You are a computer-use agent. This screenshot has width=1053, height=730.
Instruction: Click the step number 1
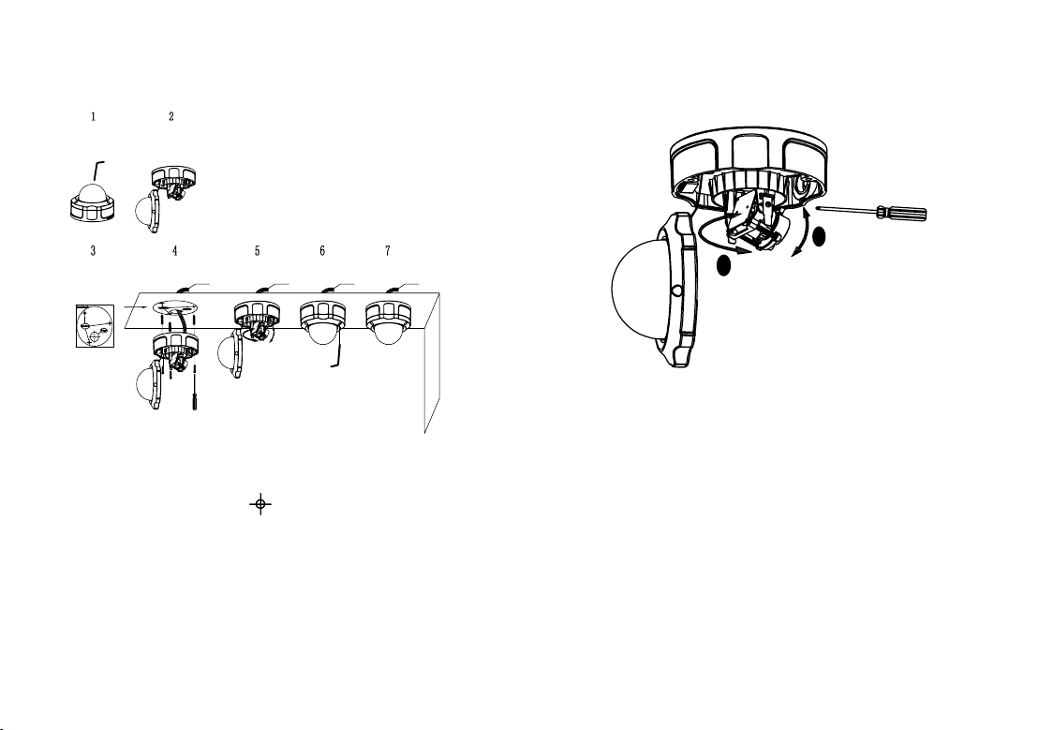coord(94,117)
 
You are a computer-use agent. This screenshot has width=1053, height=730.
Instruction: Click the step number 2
coord(171,117)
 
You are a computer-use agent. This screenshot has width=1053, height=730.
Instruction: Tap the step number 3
coord(93,251)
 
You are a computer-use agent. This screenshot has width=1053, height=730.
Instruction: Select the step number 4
coord(174,251)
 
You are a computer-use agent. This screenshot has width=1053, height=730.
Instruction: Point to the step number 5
coord(258,251)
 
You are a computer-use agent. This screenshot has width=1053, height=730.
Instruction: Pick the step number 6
coord(322,251)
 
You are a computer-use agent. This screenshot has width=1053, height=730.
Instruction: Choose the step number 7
coord(388,251)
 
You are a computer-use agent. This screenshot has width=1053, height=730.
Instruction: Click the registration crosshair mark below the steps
coord(260,503)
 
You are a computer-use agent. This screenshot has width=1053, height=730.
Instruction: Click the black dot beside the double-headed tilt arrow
coord(819,236)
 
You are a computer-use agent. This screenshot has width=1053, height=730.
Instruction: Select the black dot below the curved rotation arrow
coord(723,266)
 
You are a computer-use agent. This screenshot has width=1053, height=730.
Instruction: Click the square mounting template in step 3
coord(95,326)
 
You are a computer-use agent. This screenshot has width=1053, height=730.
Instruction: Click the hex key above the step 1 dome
coord(98,171)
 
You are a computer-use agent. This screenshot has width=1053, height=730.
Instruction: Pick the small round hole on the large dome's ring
coord(677,291)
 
